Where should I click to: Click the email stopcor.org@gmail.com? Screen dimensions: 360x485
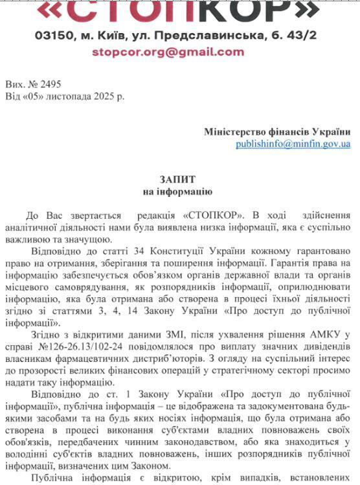coord(168,52)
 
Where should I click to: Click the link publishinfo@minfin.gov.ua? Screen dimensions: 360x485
coord(293,144)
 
